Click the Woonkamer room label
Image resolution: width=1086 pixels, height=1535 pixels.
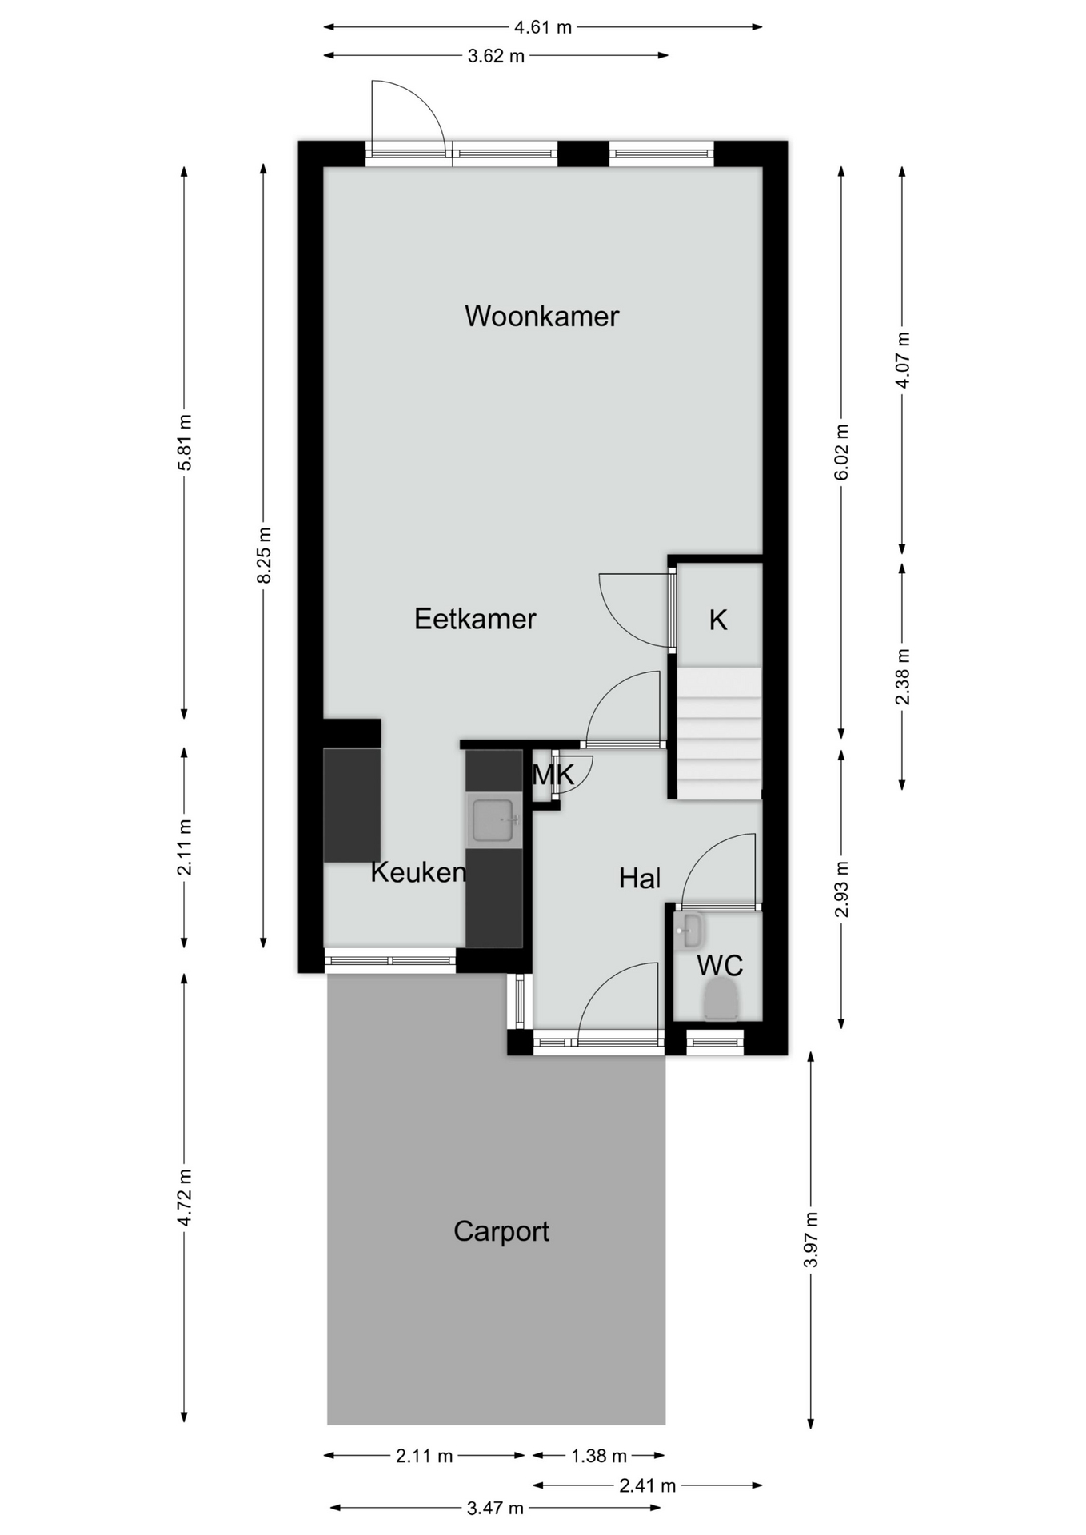click(541, 316)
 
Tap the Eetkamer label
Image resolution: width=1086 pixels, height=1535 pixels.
click(475, 619)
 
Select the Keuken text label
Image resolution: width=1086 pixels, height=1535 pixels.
click(418, 872)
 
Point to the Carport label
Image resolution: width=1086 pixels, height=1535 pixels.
click(501, 1231)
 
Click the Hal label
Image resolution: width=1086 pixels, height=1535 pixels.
click(640, 879)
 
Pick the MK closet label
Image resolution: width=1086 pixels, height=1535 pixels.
click(553, 775)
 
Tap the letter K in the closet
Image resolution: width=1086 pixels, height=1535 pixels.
click(718, 620)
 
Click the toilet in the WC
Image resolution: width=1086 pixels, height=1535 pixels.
click(721, 1000)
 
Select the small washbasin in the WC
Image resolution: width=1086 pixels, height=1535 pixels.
click(688, 931)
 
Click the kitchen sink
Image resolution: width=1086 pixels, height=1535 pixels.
click(494, 820)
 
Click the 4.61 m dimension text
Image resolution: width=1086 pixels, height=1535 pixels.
click(543, 27)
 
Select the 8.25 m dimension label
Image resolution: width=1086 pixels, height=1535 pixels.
click(265, 556)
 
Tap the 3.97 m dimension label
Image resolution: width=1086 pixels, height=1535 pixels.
click(811, 1239)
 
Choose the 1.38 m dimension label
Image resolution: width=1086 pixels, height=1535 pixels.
click(599, 1456)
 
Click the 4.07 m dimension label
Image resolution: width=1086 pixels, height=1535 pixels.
click(902, 360)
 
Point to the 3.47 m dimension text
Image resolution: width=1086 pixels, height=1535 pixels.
click(495, 1508)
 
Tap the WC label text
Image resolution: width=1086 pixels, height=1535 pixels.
click(720, 966)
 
